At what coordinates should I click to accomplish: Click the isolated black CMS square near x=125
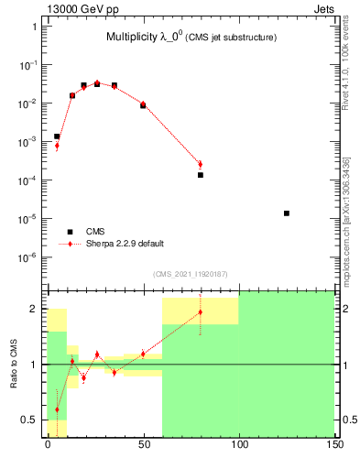287,213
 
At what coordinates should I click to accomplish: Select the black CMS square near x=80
200,175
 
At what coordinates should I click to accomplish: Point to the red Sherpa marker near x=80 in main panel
200,165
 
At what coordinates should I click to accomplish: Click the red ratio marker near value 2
200,312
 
